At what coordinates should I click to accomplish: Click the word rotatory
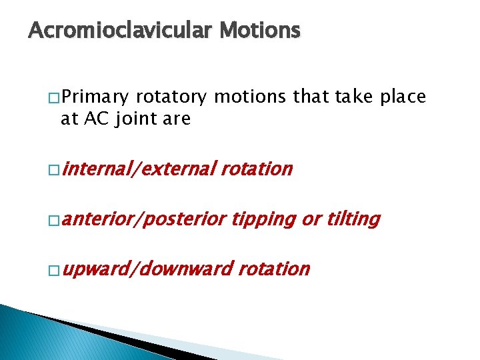[x=171, y=97]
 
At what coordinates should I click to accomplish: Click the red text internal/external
[x=139, y=169]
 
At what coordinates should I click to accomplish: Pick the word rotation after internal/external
[x=257, y=169]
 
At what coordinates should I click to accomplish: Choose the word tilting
[x=353, y=219]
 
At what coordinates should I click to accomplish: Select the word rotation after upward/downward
[x=274, y=269]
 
